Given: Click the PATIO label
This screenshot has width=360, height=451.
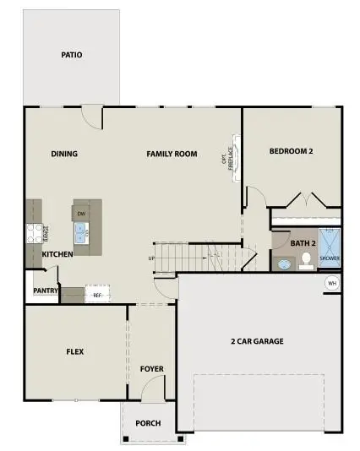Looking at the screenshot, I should tap(72, 55).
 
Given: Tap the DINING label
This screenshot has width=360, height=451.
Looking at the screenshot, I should tap(64, 154).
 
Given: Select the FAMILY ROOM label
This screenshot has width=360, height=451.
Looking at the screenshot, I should tap(172, 154).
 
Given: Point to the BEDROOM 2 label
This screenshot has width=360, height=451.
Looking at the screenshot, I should tap(292, 151).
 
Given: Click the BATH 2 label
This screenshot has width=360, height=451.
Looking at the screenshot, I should tap(303, 243).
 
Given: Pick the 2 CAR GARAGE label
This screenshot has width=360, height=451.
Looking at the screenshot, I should tap(257, 341).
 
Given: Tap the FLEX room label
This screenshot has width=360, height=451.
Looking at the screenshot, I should tap(75, 351).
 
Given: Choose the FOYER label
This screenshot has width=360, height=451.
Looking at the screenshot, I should tap(152, 369).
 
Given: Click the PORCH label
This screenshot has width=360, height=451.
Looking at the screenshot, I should tap(149, 423).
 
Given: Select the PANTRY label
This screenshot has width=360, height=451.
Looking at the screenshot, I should tap(46, 291).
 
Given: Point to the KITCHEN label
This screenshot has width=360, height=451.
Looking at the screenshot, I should tap(57, 253).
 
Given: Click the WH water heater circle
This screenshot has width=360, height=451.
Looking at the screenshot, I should tap(332, 282).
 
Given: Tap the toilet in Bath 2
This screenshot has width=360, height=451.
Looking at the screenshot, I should tap(306, 261).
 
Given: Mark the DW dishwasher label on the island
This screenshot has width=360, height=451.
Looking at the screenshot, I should tap(81, 215).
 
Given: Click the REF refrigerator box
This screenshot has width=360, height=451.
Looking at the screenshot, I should tap(97, 296).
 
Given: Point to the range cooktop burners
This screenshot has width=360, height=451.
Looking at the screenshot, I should tap(35, 231).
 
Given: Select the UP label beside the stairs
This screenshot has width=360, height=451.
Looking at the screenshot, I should tap(151, 258).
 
